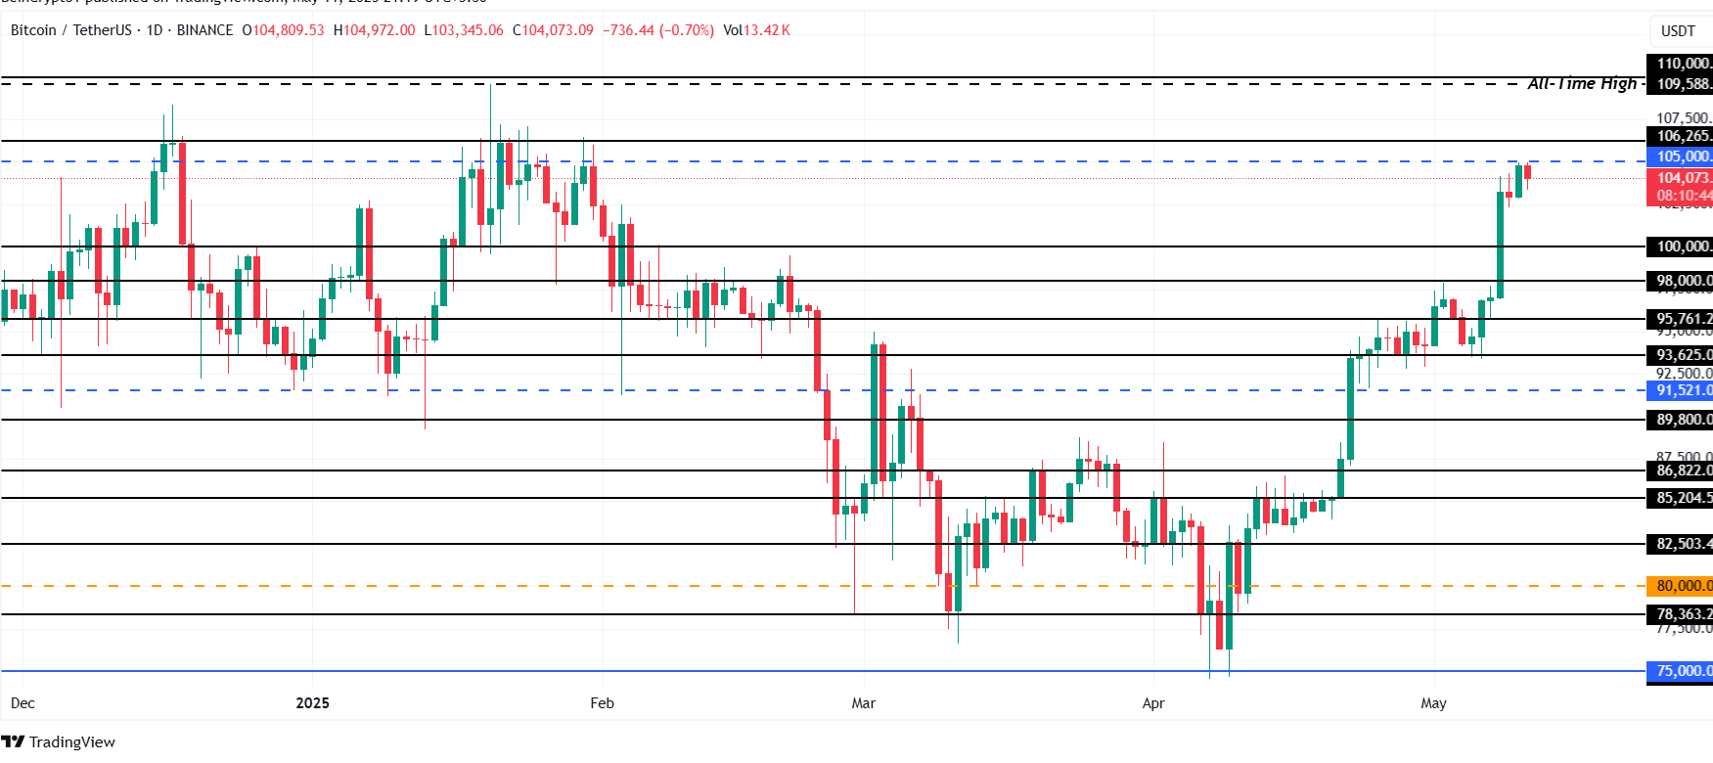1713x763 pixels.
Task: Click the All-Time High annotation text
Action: pos(1582,84)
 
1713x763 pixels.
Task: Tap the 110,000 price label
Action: pos(1681,64)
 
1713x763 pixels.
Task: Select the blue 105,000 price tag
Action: pos(1681,157)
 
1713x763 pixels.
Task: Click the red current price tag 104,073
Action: pos(1681,178)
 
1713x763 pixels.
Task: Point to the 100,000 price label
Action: pos(1681,247)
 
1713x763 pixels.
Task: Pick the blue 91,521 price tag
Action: pos(1681,390)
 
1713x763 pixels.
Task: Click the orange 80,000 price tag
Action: pos(1681,586)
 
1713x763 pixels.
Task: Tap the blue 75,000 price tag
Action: pos(1681,671)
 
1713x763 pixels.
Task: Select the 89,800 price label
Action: pos(1681,420)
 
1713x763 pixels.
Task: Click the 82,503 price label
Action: pos(1681,544)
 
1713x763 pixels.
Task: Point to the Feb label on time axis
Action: pos(603,703)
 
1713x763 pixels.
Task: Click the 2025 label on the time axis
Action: pos(313,703)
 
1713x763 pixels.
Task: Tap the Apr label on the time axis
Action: pos(1153,703)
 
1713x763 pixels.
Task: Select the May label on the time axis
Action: pos(1433,703)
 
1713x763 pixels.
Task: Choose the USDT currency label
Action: pos(1678,31)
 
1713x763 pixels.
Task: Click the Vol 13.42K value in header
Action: pos(756,30)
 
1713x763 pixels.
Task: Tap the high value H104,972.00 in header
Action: pos(375,30)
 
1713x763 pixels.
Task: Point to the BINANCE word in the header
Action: pos(204,30)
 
